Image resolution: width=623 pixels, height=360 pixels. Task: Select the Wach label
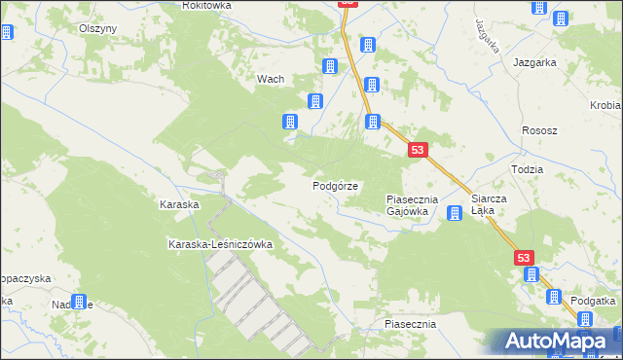point(269,80)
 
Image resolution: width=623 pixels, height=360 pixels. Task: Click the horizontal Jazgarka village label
point(534,61)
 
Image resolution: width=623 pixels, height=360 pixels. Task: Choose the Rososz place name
point(538,131)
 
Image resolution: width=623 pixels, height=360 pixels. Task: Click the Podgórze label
point(335,185)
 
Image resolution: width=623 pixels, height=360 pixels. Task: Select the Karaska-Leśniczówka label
point(219,244)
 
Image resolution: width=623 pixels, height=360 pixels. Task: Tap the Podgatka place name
point(594,301)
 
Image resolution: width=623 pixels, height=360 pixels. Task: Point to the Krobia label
point(605,105)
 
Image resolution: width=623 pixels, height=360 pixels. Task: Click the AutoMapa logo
point(553,341)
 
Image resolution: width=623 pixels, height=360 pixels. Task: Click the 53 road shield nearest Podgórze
point(418,150)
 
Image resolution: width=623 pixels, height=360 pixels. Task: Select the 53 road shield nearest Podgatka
point(525,257)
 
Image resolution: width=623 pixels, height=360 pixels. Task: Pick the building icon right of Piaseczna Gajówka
point(454,213)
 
